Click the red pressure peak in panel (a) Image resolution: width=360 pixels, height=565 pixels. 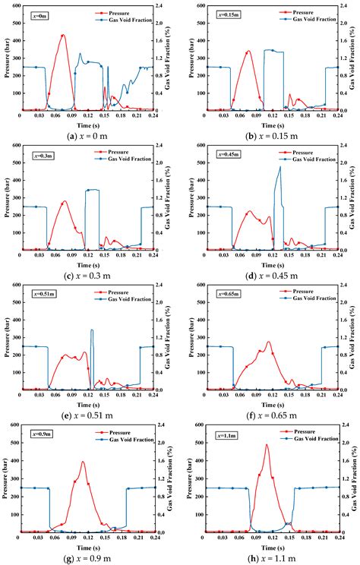63,35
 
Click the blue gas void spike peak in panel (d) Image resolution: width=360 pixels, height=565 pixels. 279,167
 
